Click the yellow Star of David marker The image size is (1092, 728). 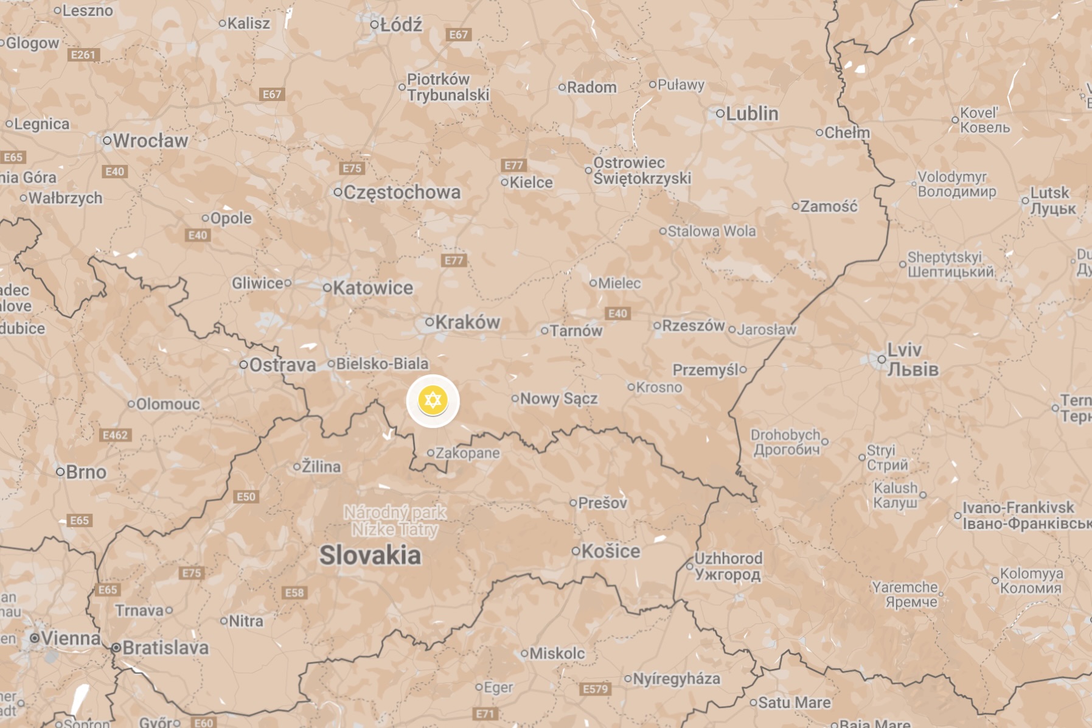[433, 401]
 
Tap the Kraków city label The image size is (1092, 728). [467, 322]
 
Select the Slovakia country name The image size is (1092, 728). [370, 555]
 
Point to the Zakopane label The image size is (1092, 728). [467, 453]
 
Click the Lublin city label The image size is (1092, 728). [752, 113]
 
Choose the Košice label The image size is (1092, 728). [611, 551]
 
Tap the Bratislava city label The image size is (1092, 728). [165, 648]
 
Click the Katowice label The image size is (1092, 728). [372, 288]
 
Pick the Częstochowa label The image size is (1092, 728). [402, 192]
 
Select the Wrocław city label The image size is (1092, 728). [150, 141]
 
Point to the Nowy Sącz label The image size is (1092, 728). [558, 399]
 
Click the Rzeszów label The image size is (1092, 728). [693, 326]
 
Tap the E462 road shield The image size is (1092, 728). [115, 435]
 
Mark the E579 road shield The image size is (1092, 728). [595, 689]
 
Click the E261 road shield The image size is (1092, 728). [83, 55]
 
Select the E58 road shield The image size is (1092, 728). [294, 593]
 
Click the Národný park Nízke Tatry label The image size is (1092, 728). [395, 521]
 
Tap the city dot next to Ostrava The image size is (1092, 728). [243, 365]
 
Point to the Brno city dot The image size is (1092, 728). [60, 472]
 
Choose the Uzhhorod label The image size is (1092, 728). [728, 566]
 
